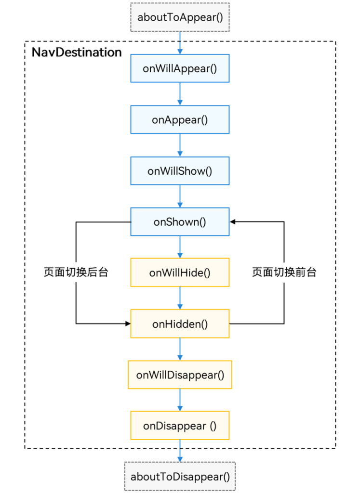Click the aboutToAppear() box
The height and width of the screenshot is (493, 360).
click(180, 17)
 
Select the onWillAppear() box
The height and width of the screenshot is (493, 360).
click(180, 68)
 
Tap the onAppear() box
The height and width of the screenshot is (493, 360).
click(180, 120)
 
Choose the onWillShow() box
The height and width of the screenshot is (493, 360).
click(180, 171)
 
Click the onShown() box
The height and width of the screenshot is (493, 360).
click(180, 222)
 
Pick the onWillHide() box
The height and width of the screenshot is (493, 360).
click(180, 272)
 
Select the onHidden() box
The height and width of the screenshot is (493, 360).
click(180, 324)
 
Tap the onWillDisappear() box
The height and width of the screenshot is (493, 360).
click(180, 375)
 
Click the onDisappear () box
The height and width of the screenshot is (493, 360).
click(180, 426)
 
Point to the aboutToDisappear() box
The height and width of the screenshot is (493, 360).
click(180, 477)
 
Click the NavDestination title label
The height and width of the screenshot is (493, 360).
click(77, 52)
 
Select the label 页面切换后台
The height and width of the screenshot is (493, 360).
click(76, 272)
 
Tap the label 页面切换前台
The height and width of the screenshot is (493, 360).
click(284, 272)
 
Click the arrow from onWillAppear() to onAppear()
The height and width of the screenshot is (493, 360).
click(180, 94)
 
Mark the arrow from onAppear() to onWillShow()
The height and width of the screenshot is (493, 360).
click(180, 145)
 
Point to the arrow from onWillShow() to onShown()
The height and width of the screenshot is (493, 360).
click(180, 196)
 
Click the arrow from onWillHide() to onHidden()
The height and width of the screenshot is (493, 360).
click(180, 298)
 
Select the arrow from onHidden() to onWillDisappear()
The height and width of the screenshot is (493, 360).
click(180, 349)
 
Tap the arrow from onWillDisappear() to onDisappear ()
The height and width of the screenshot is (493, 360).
click(180, 400)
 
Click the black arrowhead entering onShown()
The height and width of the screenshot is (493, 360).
click(233, 222)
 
